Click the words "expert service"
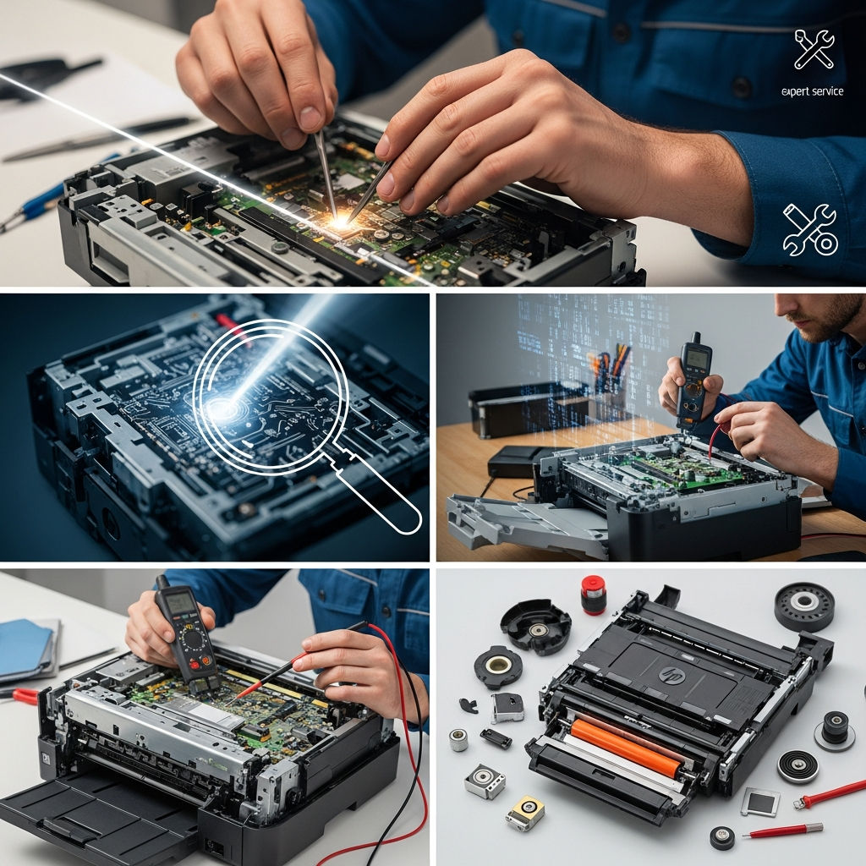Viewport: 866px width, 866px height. click(x=813, y=91)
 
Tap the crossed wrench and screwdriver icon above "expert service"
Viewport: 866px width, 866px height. click(x=814, y=50)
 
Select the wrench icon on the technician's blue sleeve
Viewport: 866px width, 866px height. click(x=810, y=230)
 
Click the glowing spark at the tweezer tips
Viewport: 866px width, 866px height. click(x=340, y=220)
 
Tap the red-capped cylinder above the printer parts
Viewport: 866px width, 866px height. click(x=594, y=595)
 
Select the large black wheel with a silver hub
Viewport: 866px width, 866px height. click(x=803, y=603)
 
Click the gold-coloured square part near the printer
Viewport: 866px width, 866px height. click(x=525, y=813)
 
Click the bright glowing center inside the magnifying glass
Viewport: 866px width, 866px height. click(x=221, y=408)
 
